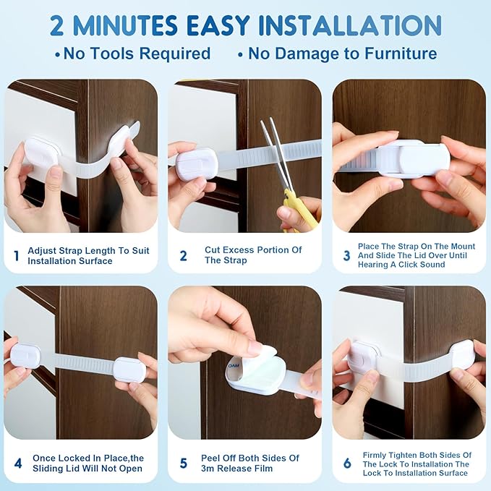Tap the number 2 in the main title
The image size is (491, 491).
click(60, 25)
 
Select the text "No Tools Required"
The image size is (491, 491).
click(137, 54)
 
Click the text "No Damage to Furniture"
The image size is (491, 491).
click(342, 54)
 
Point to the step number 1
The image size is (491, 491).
click(17, 255)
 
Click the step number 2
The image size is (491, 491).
click(184, 255)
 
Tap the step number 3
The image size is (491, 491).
click(346, 255)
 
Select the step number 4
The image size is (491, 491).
click(17, 463)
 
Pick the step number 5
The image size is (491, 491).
click(184, 463)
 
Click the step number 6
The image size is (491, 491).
click(347, 463)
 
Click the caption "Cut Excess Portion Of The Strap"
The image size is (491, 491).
click(253, 255)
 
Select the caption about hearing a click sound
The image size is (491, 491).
click(416, 255)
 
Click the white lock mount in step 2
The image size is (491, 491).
click(197, 163)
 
